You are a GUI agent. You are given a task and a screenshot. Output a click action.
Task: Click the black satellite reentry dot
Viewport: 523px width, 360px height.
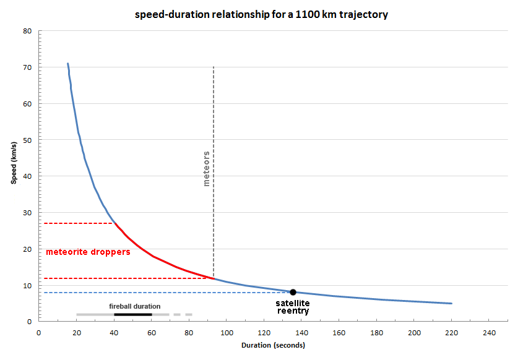point(293,292)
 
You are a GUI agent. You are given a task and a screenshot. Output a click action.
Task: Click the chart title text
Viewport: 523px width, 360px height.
point(261,14)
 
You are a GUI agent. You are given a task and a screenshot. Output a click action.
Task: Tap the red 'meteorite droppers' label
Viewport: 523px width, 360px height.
point(88,252)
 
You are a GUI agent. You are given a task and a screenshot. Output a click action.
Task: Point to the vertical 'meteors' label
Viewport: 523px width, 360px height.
point(207,168)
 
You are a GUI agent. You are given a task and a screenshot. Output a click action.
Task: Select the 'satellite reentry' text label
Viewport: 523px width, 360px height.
point(293,307)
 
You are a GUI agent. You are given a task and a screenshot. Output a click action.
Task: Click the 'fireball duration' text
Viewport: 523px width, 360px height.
point(134,306)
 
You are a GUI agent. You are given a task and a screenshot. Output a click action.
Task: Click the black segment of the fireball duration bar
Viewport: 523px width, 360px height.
point(133,314)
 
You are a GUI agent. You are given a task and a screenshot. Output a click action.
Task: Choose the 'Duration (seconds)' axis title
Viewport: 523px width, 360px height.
point(273,345)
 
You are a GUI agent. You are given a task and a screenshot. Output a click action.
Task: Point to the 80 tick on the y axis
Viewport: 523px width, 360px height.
point(27,31)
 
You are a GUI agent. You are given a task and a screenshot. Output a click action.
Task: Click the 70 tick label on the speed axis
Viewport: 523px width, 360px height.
point(27,67)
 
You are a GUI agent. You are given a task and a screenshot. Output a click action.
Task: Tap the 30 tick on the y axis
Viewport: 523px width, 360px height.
point(27,213)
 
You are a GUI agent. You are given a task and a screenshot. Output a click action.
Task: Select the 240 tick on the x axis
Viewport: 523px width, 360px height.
point(489,331)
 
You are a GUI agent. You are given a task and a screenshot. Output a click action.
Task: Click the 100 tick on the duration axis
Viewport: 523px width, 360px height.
point(227,331)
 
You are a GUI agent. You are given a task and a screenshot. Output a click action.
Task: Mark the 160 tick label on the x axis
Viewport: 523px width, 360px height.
point(339,331)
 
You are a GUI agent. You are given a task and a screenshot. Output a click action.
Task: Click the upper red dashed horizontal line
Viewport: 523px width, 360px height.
point(78,223)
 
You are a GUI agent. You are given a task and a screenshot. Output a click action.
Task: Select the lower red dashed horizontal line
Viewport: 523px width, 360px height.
point(124,278)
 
